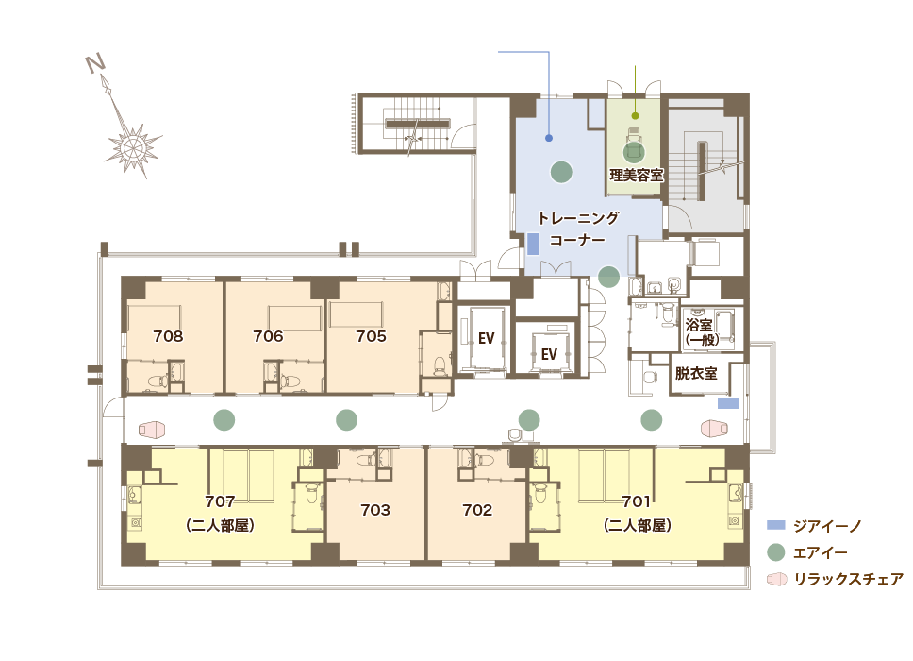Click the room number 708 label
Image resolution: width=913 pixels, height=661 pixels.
click(x=168, y=336)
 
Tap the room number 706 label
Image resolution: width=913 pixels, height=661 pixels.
click(x=269, y=336)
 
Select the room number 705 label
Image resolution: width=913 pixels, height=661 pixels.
click(x=371, y=336)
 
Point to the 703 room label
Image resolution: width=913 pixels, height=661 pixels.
click(x=375, y=510)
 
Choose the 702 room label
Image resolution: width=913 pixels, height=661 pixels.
click(x=477, y=510)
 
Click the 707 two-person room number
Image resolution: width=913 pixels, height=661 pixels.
click(x=220, y=500)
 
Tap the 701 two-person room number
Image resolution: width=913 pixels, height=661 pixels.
click(x=638, y=500)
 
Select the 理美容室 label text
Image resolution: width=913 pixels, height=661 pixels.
click(x=636, y=175)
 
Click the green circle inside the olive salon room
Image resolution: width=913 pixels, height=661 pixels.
click(x=634, y=150)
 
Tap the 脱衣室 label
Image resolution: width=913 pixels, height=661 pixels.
click(x=696, y=374)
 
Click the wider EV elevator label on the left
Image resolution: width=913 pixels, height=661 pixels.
click(x=486, y=339)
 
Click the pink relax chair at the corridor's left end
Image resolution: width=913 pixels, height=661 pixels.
click(x=152, y=430)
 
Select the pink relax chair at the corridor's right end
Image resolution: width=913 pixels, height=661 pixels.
click(x=715, y=428)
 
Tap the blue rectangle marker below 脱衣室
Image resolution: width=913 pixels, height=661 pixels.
click(x=727, y=403)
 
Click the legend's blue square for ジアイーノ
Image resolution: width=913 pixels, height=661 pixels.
click(x=775, y=525)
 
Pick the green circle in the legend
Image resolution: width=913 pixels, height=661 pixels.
click(x=775, y=552)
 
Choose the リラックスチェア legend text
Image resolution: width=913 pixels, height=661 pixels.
click(x=848, y=579)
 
